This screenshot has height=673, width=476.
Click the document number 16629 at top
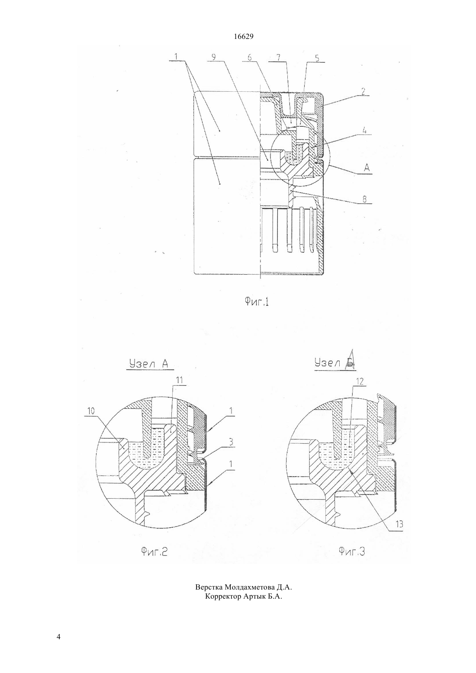tap(243, 37)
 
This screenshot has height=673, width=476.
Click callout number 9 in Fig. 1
tap(214, 57)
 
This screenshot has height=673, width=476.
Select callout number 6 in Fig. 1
tap(250, 57)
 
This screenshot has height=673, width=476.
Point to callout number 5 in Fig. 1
tap(318, 58)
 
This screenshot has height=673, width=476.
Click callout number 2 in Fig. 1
tap(363, 91)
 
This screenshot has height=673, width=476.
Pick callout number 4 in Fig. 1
tap(364, 131)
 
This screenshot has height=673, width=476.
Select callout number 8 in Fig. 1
tap(364, 199)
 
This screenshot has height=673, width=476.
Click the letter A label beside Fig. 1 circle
tap(367, 168)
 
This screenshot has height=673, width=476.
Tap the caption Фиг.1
tap(256, 301)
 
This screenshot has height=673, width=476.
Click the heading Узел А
tap(148, 364)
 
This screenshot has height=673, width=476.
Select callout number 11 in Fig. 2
tap(179, 380)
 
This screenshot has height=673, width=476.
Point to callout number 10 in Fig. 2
tap(91, 411)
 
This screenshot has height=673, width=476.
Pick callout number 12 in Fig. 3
tap(360, 381)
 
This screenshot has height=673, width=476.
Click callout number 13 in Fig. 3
tap(399, 524)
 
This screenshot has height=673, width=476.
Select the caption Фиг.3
tap(352, 551)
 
